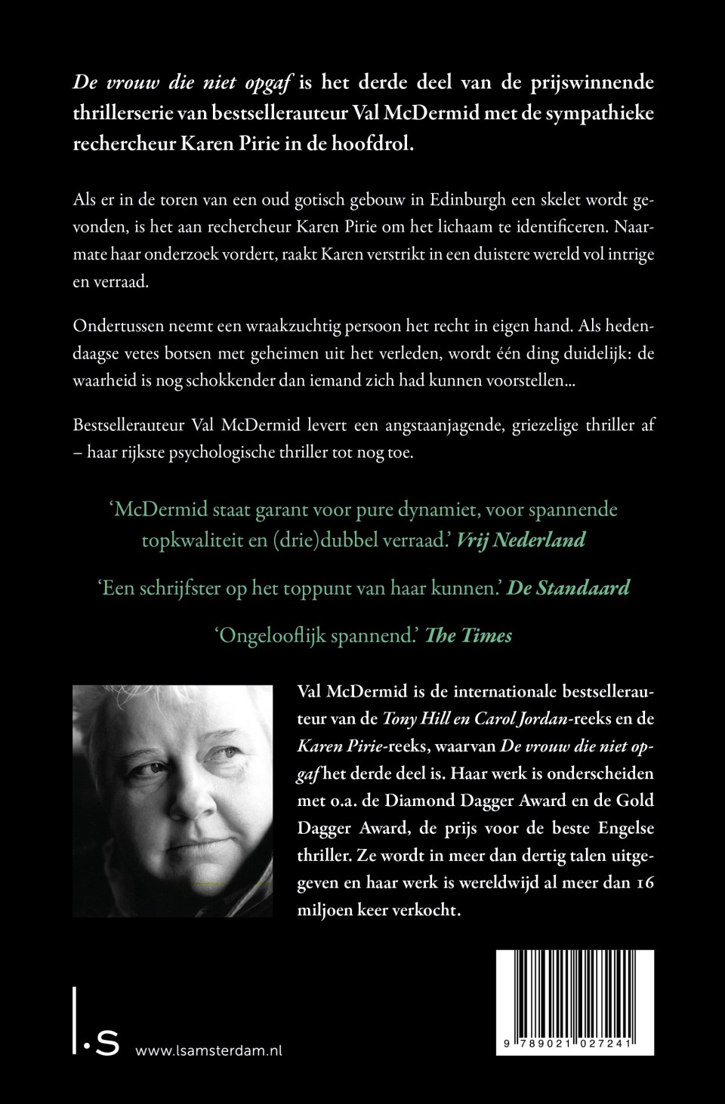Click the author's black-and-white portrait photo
tap(172, 801)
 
